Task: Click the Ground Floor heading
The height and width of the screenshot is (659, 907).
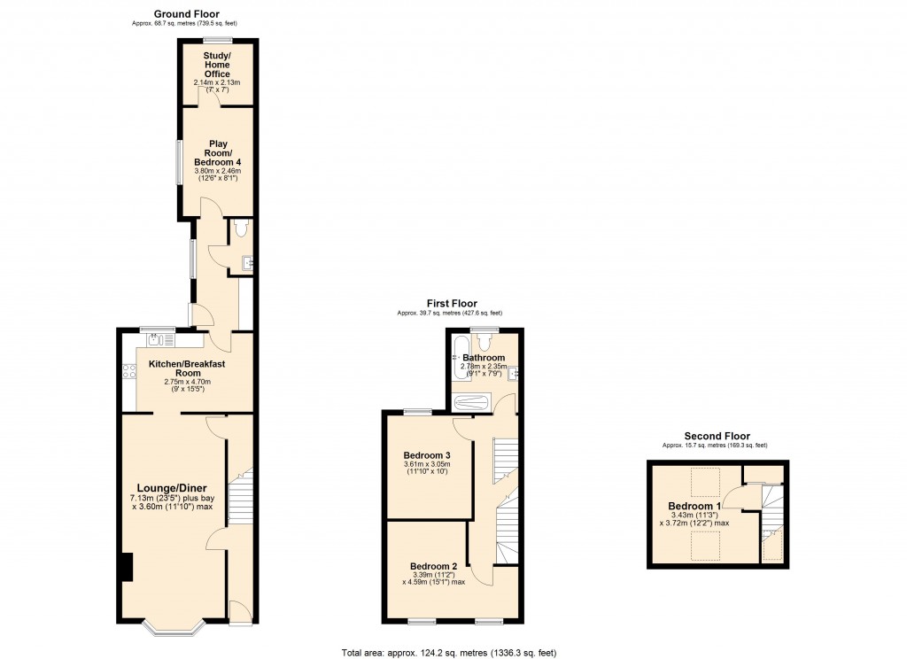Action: (x=186, y=14)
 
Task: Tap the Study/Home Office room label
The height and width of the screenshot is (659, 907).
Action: (x=217, y=65)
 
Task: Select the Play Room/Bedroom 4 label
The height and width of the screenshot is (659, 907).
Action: (x=218, y=152)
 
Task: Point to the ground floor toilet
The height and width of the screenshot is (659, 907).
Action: (x=241, y=227)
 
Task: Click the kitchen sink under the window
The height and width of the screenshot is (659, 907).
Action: (x=160, y=339)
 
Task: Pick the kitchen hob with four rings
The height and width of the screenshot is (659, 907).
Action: (x=129, y=371)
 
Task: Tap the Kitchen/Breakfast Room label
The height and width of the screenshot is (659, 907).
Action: (x=187, y=368)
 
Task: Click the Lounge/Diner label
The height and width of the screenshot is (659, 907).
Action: (x=172, y=488)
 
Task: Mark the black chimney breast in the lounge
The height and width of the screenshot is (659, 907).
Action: (x=127, y=567)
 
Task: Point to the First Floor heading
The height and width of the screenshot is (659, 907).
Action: (x=452, y=303)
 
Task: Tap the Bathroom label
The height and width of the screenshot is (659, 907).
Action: (x=484, y=358)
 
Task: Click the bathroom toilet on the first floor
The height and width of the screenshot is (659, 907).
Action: (x=485, y=342)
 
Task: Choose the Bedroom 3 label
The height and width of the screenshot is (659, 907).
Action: (x=427, y=455)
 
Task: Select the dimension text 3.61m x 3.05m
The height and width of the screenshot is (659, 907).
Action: (x=427, y=464)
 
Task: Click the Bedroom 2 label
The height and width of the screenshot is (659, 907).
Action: (x=434, y=566)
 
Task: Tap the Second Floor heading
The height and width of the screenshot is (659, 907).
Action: (x=717, y=437)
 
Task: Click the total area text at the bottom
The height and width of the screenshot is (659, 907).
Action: (x=449, y=653)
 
